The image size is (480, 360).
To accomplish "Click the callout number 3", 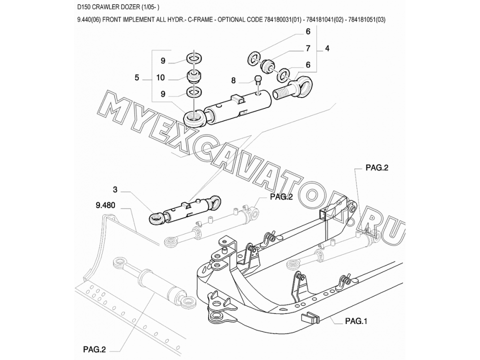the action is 115,190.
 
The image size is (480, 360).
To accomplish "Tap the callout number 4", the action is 327,48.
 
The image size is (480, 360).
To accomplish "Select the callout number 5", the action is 137,78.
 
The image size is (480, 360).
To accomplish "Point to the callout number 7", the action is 308,48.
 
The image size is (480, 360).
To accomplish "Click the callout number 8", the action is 233,80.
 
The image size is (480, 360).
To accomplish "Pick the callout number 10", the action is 160,78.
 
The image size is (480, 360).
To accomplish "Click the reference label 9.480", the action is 105,205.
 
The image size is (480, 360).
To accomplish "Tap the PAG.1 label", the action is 356,321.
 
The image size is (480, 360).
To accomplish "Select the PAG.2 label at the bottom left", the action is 94,349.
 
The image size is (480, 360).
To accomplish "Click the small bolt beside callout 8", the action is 258,80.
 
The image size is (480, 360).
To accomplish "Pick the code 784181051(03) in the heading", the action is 367,20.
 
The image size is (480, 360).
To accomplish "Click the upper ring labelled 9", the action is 194,58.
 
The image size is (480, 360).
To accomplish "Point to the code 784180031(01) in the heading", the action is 282,20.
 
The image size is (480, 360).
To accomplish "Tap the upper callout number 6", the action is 308,31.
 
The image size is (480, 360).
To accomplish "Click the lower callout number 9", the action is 163,94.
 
